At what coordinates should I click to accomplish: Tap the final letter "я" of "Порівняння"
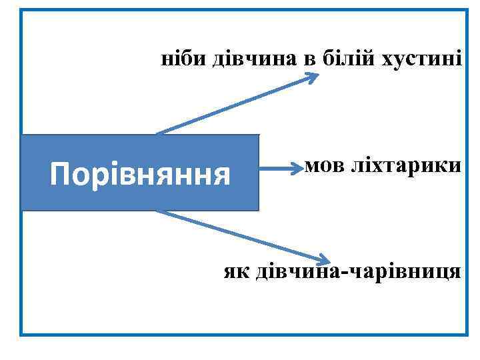222,177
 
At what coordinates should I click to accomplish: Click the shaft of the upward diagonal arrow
233,105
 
